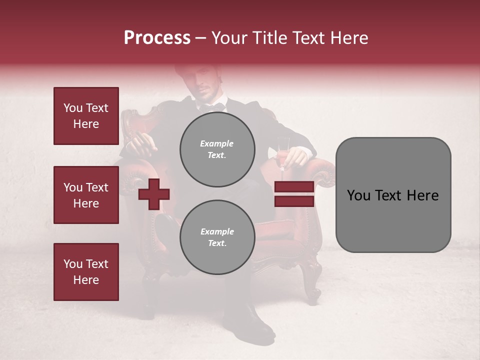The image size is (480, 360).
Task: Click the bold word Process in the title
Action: point(157,38)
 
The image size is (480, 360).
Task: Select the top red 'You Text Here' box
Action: point(86,116)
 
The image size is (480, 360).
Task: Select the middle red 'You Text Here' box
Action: point(86,195)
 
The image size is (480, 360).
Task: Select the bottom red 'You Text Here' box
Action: point(86,272)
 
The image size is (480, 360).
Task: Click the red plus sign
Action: point(154,194)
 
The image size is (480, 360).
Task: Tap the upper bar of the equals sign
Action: point(294,186)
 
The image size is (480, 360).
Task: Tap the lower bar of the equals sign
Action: point(294,201)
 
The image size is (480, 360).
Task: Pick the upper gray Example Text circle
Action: point(217,149)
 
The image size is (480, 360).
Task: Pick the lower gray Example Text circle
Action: point(217,237)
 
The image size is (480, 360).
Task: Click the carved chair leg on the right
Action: point(314,280)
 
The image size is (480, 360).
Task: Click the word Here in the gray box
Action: point(423,195)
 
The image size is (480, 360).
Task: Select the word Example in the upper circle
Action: point(217,143)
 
